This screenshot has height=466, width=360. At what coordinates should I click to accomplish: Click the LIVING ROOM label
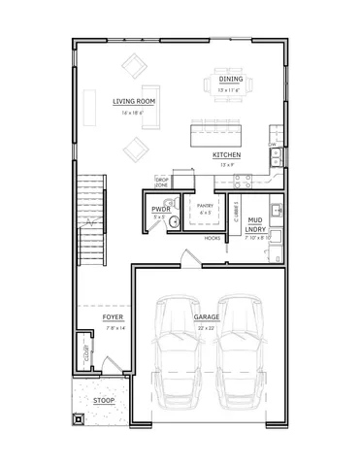[134, 101]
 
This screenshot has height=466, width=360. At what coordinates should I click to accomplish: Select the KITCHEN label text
[227, 154]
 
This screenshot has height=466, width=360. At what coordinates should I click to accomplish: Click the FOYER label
[113, 317]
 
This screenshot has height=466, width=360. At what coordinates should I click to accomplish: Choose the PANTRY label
[205, 206]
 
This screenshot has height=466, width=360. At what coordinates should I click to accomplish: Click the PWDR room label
[160, 209]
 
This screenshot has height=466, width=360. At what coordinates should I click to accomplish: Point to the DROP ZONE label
[162, 181]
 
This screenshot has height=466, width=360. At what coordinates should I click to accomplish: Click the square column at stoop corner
[78, 420]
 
